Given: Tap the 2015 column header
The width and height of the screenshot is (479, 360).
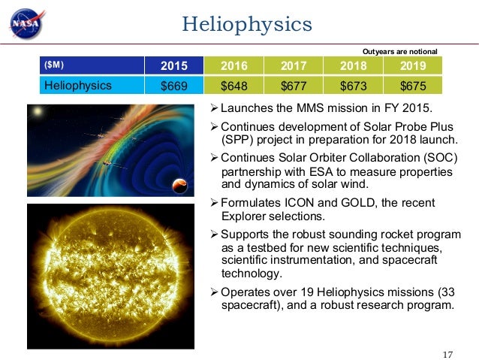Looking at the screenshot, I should pyautogui.click(x=174, y=65).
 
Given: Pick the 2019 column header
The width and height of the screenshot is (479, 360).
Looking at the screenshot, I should pyautogui.click(x=413, y=65).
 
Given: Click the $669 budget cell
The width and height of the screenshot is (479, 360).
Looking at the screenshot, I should pyautogui.click(x=174, y=85).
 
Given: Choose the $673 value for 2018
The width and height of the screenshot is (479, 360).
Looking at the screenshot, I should pyautogui.click(x=353, y=85).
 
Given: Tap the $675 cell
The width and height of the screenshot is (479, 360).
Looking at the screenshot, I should pyautogui.click(x=413, y=85).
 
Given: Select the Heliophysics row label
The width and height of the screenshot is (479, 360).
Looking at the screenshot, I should pyautogui.click(x=78, y=85).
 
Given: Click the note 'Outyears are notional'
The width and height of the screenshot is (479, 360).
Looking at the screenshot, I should pyautogui.click(x=399, y=51).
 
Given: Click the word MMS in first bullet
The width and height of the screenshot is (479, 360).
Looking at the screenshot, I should pyautogui.click(x=314, y=111).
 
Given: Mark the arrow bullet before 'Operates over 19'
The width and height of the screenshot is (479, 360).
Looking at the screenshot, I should pyautogui.click(x=212, y=292).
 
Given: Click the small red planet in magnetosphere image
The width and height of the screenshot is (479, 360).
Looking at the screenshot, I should pyautogui.click(x=180, y=186).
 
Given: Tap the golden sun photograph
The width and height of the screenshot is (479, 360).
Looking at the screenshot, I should pyautogui.click(x=111, y=276).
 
